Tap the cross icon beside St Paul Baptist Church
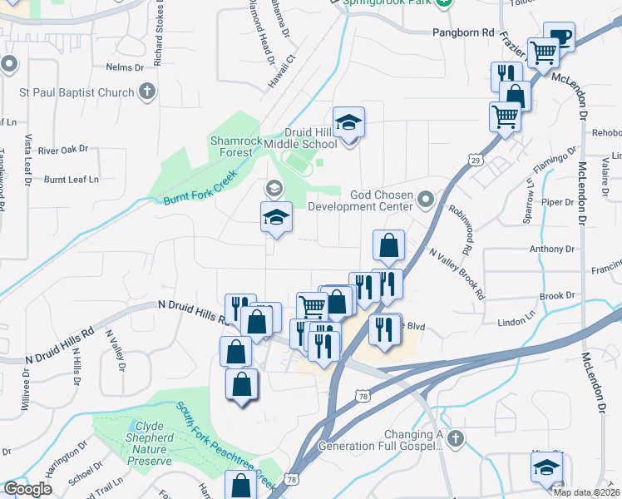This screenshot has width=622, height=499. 147,91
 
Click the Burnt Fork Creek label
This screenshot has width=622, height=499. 200,187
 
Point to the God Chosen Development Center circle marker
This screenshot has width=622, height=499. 426,200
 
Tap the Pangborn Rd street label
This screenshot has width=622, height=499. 463,32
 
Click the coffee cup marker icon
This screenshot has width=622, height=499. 559,37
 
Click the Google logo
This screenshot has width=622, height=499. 27,489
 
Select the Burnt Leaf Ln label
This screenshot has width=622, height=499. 72,179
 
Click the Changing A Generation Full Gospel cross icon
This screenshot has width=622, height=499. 454,437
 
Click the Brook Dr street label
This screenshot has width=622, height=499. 557,296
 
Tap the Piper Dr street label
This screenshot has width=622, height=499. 552,201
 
